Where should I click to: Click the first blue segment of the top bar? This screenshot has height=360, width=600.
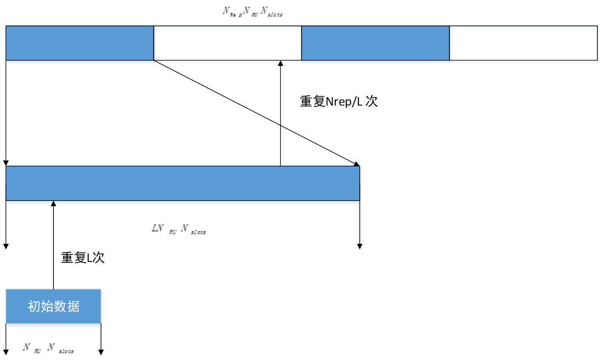click(x=79, y=43)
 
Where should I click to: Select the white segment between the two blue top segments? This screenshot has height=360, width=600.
click(x=227, y=43)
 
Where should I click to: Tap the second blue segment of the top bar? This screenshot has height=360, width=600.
click(x=375, y=43)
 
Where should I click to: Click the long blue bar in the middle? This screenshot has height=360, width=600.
click(x=183, y=183)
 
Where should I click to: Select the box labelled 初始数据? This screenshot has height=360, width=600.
click(x=53, y=306)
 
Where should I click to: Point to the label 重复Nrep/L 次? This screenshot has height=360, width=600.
click(x=339, y=102)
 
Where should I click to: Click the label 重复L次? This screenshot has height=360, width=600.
click(x=83, y=258)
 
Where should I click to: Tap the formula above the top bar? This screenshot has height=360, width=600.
click(x=252, y=12)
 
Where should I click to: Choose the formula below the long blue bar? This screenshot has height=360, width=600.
click(x=178, y=229)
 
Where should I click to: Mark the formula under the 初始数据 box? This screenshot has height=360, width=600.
click(x=48, y=349)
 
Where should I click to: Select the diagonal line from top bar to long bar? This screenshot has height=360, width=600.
click(x=256, y=113)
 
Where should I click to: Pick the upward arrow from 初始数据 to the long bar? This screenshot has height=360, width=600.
click(x=53, y=245)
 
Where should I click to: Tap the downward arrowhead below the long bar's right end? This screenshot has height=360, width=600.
click(x=360, y=246)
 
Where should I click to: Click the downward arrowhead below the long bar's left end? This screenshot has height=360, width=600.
click(x=6, y=246)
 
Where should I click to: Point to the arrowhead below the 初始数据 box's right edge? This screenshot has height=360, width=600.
click(x=101, y=352)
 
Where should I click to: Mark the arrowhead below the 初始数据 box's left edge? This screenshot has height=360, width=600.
click(x=6, y=352)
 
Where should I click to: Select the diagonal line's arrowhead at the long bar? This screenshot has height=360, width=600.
click(x=356, y=164)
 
